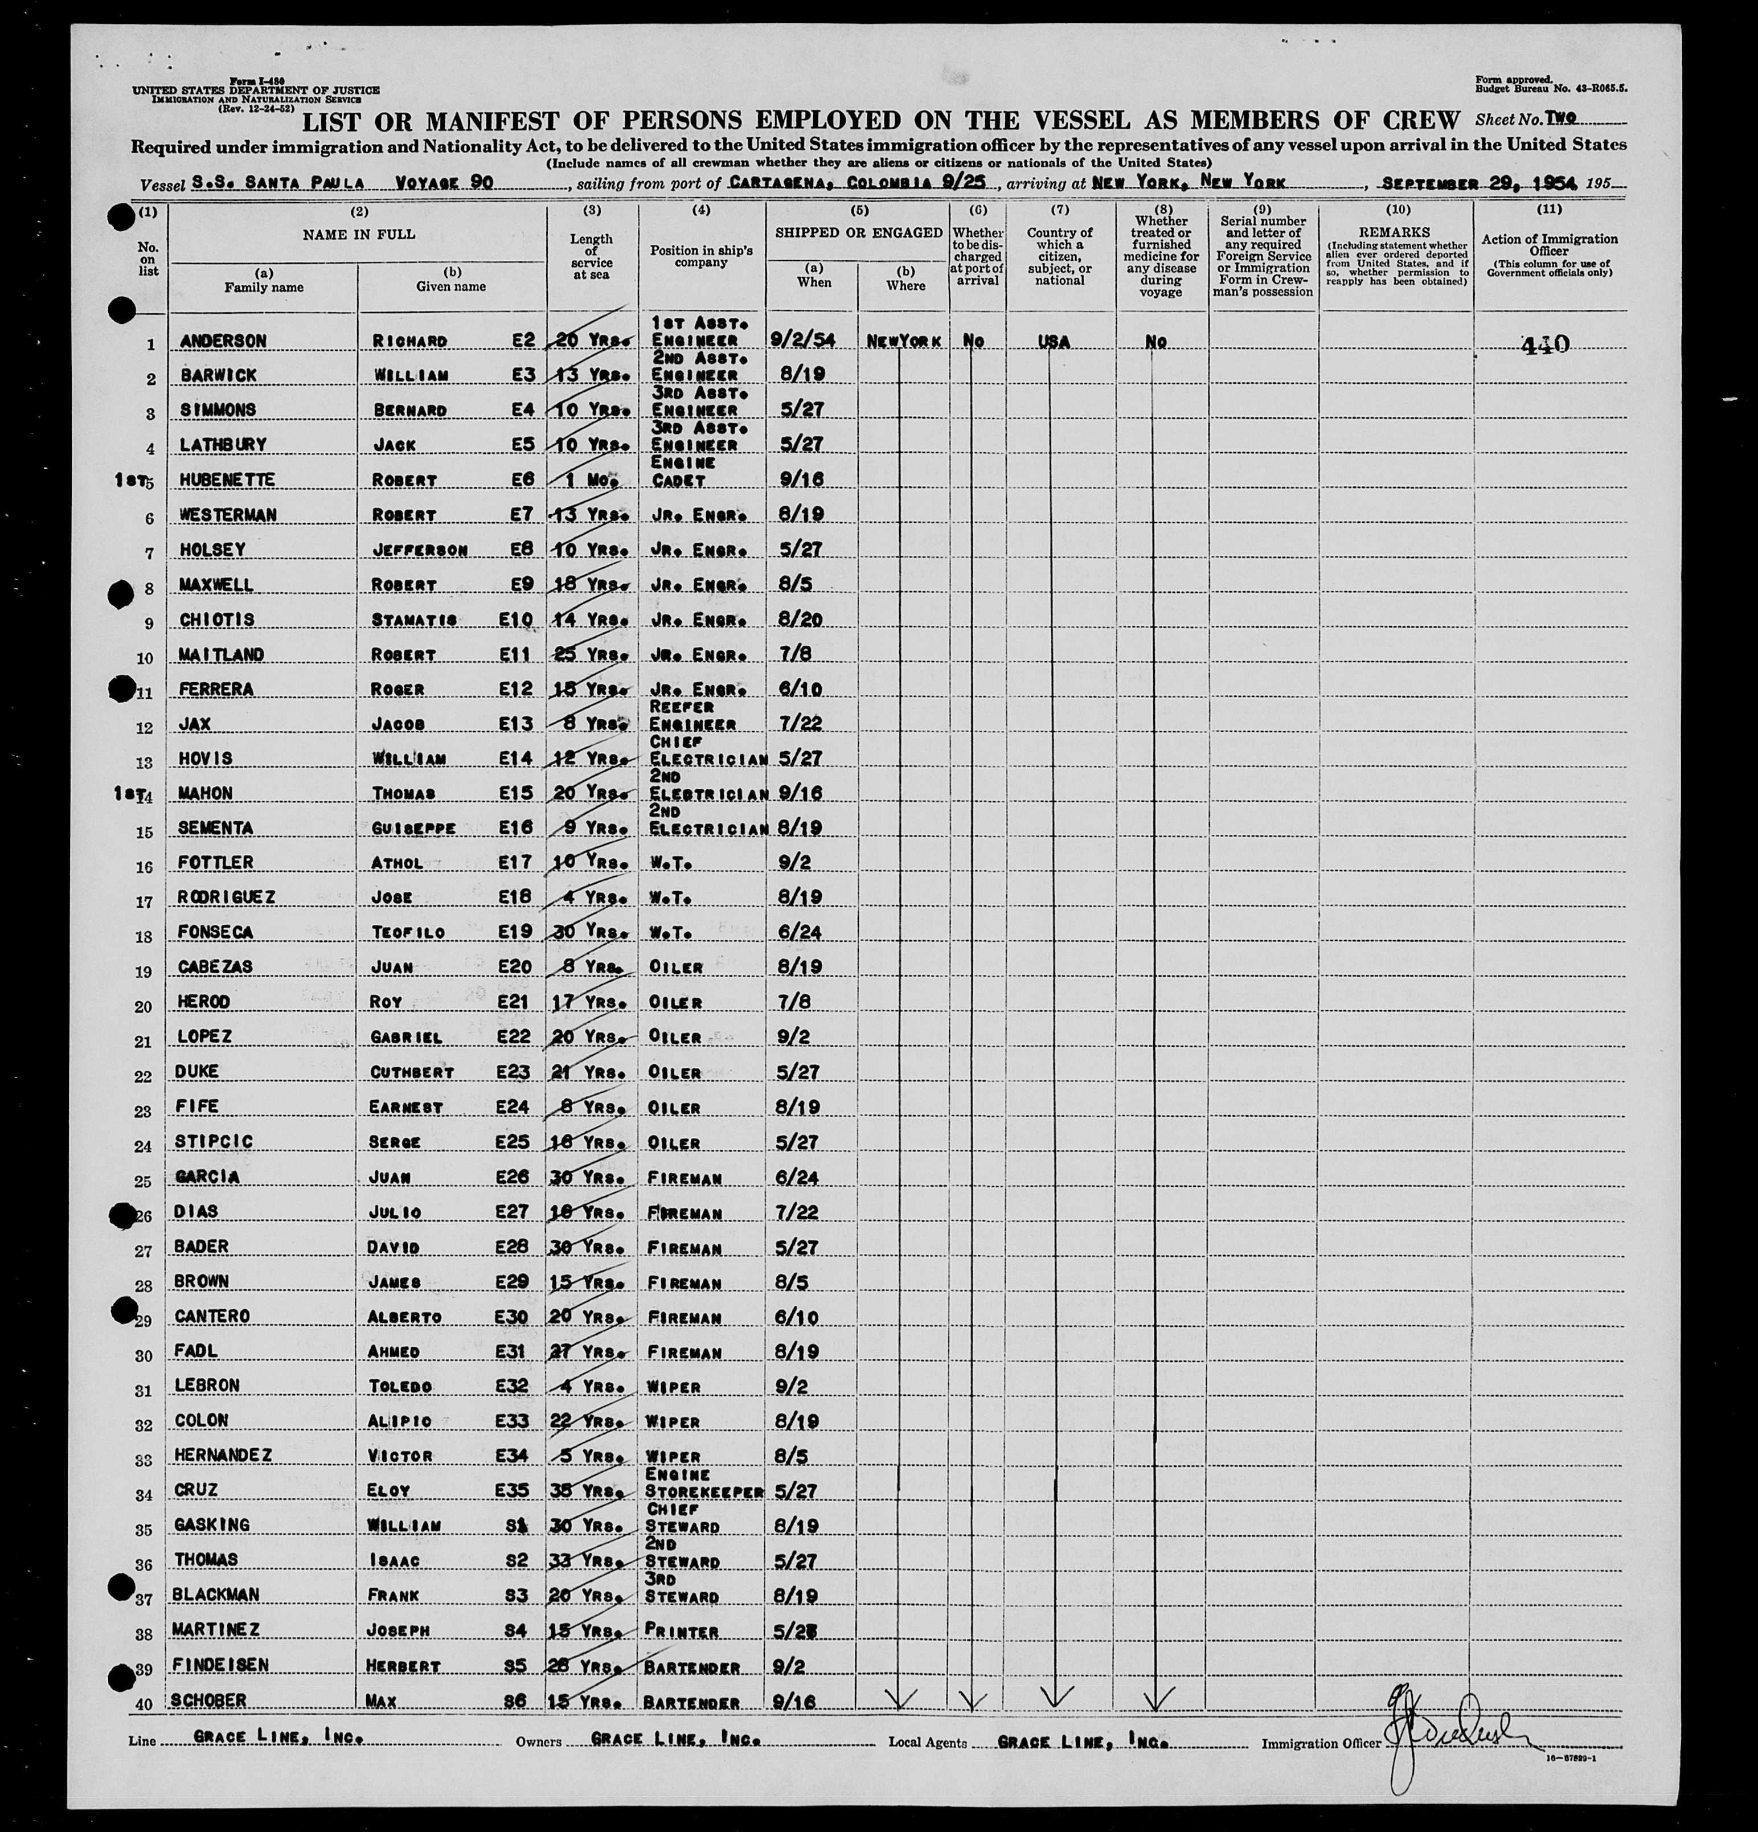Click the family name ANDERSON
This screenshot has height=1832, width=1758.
coord(223,341)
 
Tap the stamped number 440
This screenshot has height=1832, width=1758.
coord(1545,345)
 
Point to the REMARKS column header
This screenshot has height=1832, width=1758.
coord(1395,232)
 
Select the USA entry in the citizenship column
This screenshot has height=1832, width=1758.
coord(1054,342)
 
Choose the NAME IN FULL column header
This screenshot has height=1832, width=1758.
coord(358,235)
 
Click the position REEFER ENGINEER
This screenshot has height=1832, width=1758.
coord(694,715)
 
